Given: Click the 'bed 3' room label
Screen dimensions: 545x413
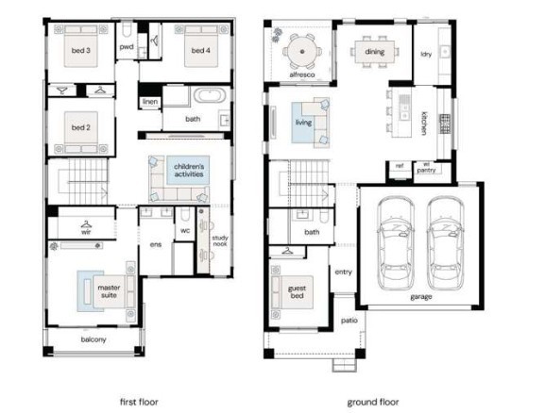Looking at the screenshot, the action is click(80, 50).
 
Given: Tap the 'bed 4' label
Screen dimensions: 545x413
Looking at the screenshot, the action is click(200, 50).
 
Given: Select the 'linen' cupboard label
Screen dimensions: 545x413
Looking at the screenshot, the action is click(150, 102).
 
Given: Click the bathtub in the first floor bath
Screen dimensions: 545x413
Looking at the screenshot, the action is click(210, 94).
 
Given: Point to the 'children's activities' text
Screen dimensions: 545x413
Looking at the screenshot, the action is click(189, 171).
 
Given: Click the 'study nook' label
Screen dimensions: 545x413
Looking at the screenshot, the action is click(220, 240).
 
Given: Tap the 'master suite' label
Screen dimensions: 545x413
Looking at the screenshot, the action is click(109, 291).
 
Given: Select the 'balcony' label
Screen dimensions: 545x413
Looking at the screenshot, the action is click(94, 339).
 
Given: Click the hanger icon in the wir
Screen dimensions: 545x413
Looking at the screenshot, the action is click(86, 224).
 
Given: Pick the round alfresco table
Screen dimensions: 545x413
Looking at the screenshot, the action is click(302, 52).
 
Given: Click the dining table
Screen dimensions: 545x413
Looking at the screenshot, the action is click(375, 52).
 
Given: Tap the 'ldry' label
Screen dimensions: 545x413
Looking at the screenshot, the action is click(426, 54).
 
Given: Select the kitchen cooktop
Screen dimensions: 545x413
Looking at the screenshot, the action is click(445, 124).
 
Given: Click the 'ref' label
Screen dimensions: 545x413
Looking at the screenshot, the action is click(400, 166).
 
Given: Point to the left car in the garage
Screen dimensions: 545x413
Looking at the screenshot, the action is click(396, 243).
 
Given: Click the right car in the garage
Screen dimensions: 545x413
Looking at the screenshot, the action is click(445, 243).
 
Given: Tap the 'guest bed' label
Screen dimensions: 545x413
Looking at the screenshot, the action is click(297, 292).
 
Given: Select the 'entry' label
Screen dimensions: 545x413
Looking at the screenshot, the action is click(344, 273).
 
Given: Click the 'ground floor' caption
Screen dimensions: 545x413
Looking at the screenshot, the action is click(373, 403).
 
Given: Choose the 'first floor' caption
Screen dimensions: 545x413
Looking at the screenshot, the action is click(139, 402).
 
